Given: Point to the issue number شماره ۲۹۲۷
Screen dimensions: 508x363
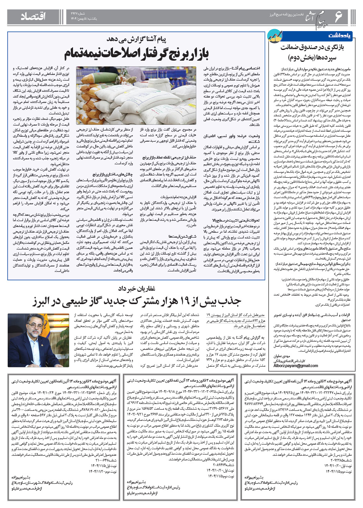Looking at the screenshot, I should click(x=80, y=13).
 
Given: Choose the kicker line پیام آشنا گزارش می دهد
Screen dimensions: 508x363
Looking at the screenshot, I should click(x=136, y=40).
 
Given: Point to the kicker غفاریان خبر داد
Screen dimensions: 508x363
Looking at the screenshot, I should click(x=136, y=288).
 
